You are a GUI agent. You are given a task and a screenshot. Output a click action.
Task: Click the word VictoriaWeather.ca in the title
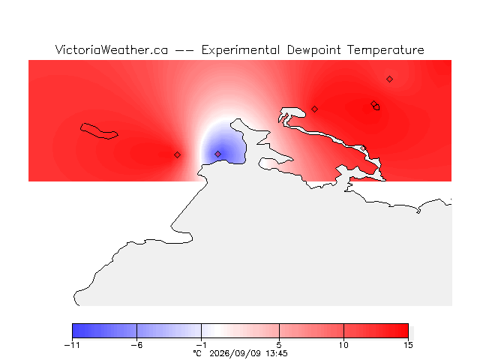[112, 50]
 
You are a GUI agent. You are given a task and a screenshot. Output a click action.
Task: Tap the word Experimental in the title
[241, 50]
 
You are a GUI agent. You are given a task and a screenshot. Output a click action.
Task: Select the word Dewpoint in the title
[313, 50]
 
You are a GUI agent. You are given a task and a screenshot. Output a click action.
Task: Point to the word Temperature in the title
[385, 50]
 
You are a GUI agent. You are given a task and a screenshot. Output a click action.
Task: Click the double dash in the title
[184, 50]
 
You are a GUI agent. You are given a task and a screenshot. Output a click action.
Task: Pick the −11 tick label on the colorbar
[72, 345]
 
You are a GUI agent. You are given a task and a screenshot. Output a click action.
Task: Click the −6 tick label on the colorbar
[136, 345]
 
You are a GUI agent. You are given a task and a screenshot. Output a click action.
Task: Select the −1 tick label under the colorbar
[201, 345]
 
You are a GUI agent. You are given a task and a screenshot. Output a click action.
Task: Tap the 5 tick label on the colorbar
[279, 345]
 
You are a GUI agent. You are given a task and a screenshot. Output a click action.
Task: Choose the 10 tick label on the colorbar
[343, 345]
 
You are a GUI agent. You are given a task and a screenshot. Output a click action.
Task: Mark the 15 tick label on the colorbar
[408, 345]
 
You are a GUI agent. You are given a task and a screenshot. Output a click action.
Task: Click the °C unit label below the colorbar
[197, 353]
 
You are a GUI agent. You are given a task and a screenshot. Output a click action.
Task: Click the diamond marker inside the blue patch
[218, 154]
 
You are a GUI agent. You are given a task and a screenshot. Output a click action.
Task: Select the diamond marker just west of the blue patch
[177, 155]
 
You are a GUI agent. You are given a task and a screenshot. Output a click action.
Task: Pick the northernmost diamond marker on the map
[389, 79]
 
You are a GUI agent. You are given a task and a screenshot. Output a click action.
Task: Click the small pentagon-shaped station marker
[376, 107]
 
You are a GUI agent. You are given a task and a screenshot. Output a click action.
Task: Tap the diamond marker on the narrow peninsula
[363, 148]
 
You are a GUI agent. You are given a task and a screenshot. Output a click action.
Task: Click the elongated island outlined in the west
[99, 131]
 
